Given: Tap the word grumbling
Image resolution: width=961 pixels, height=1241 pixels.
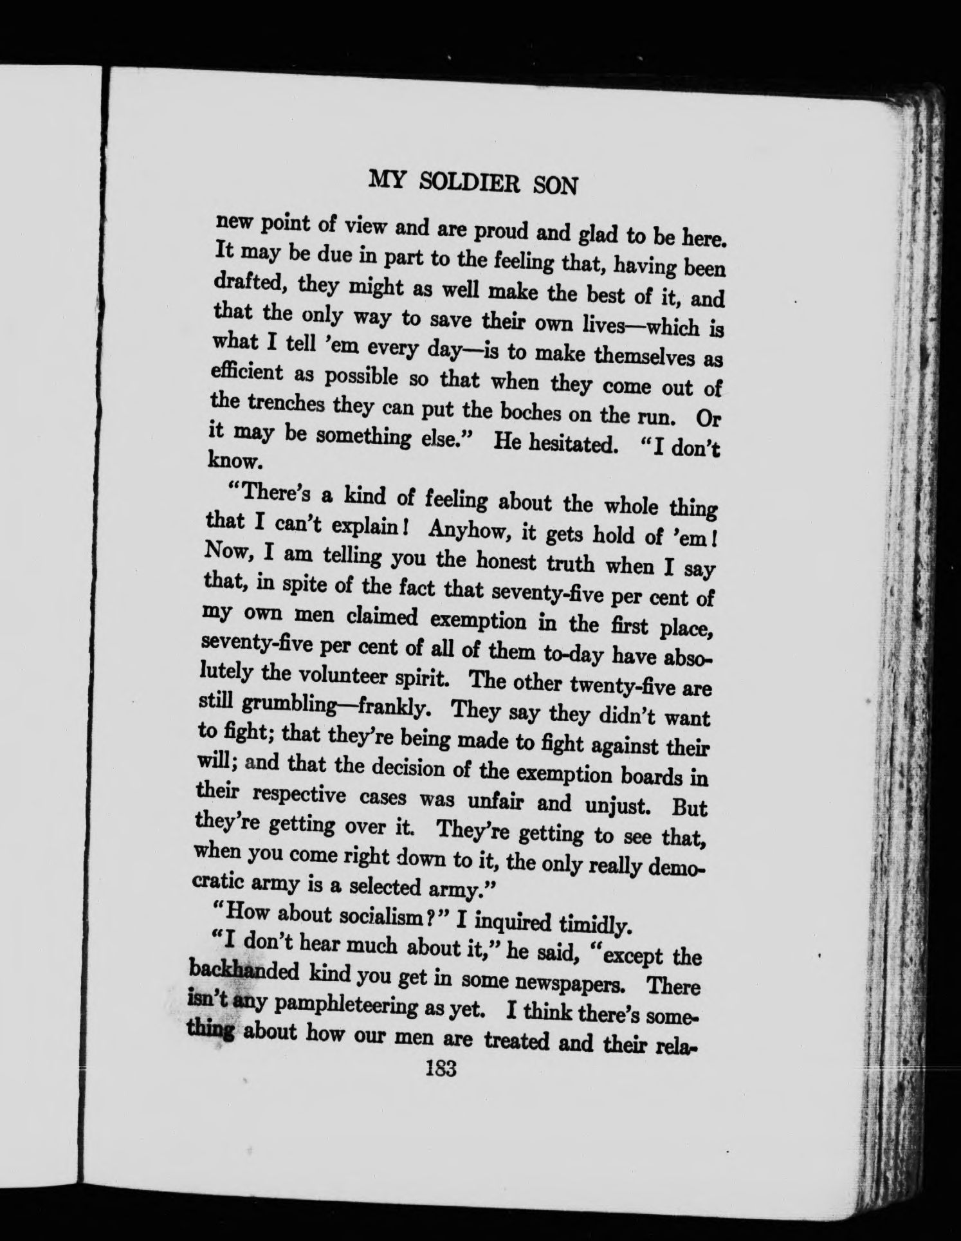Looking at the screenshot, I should (289, 706).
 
